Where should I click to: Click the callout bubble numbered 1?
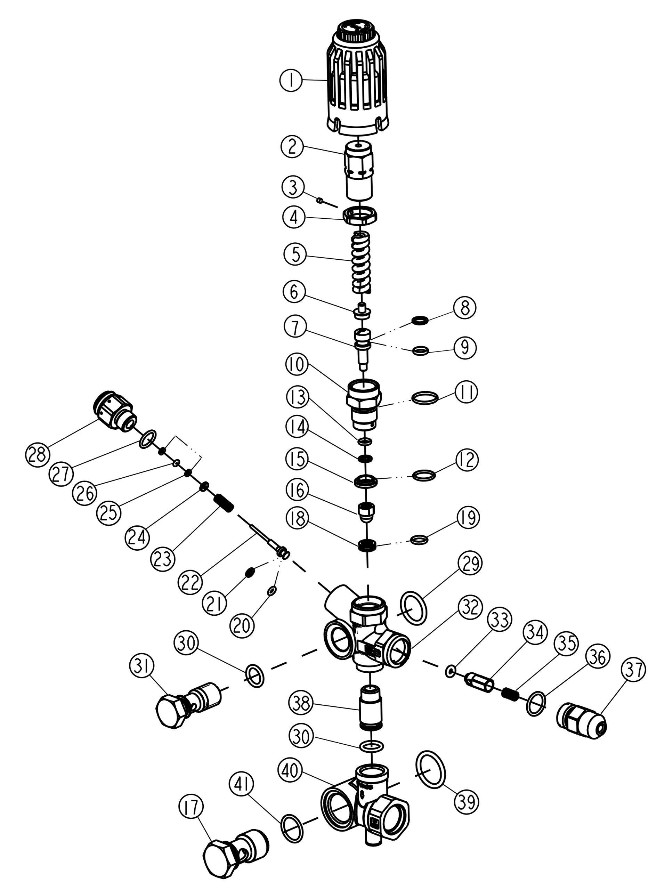pyautogui.click(x=291, y=80)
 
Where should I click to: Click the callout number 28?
pyautogui.click(x=38, y=455)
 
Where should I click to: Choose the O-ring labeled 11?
pyautogui.click(x=424, y=397)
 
